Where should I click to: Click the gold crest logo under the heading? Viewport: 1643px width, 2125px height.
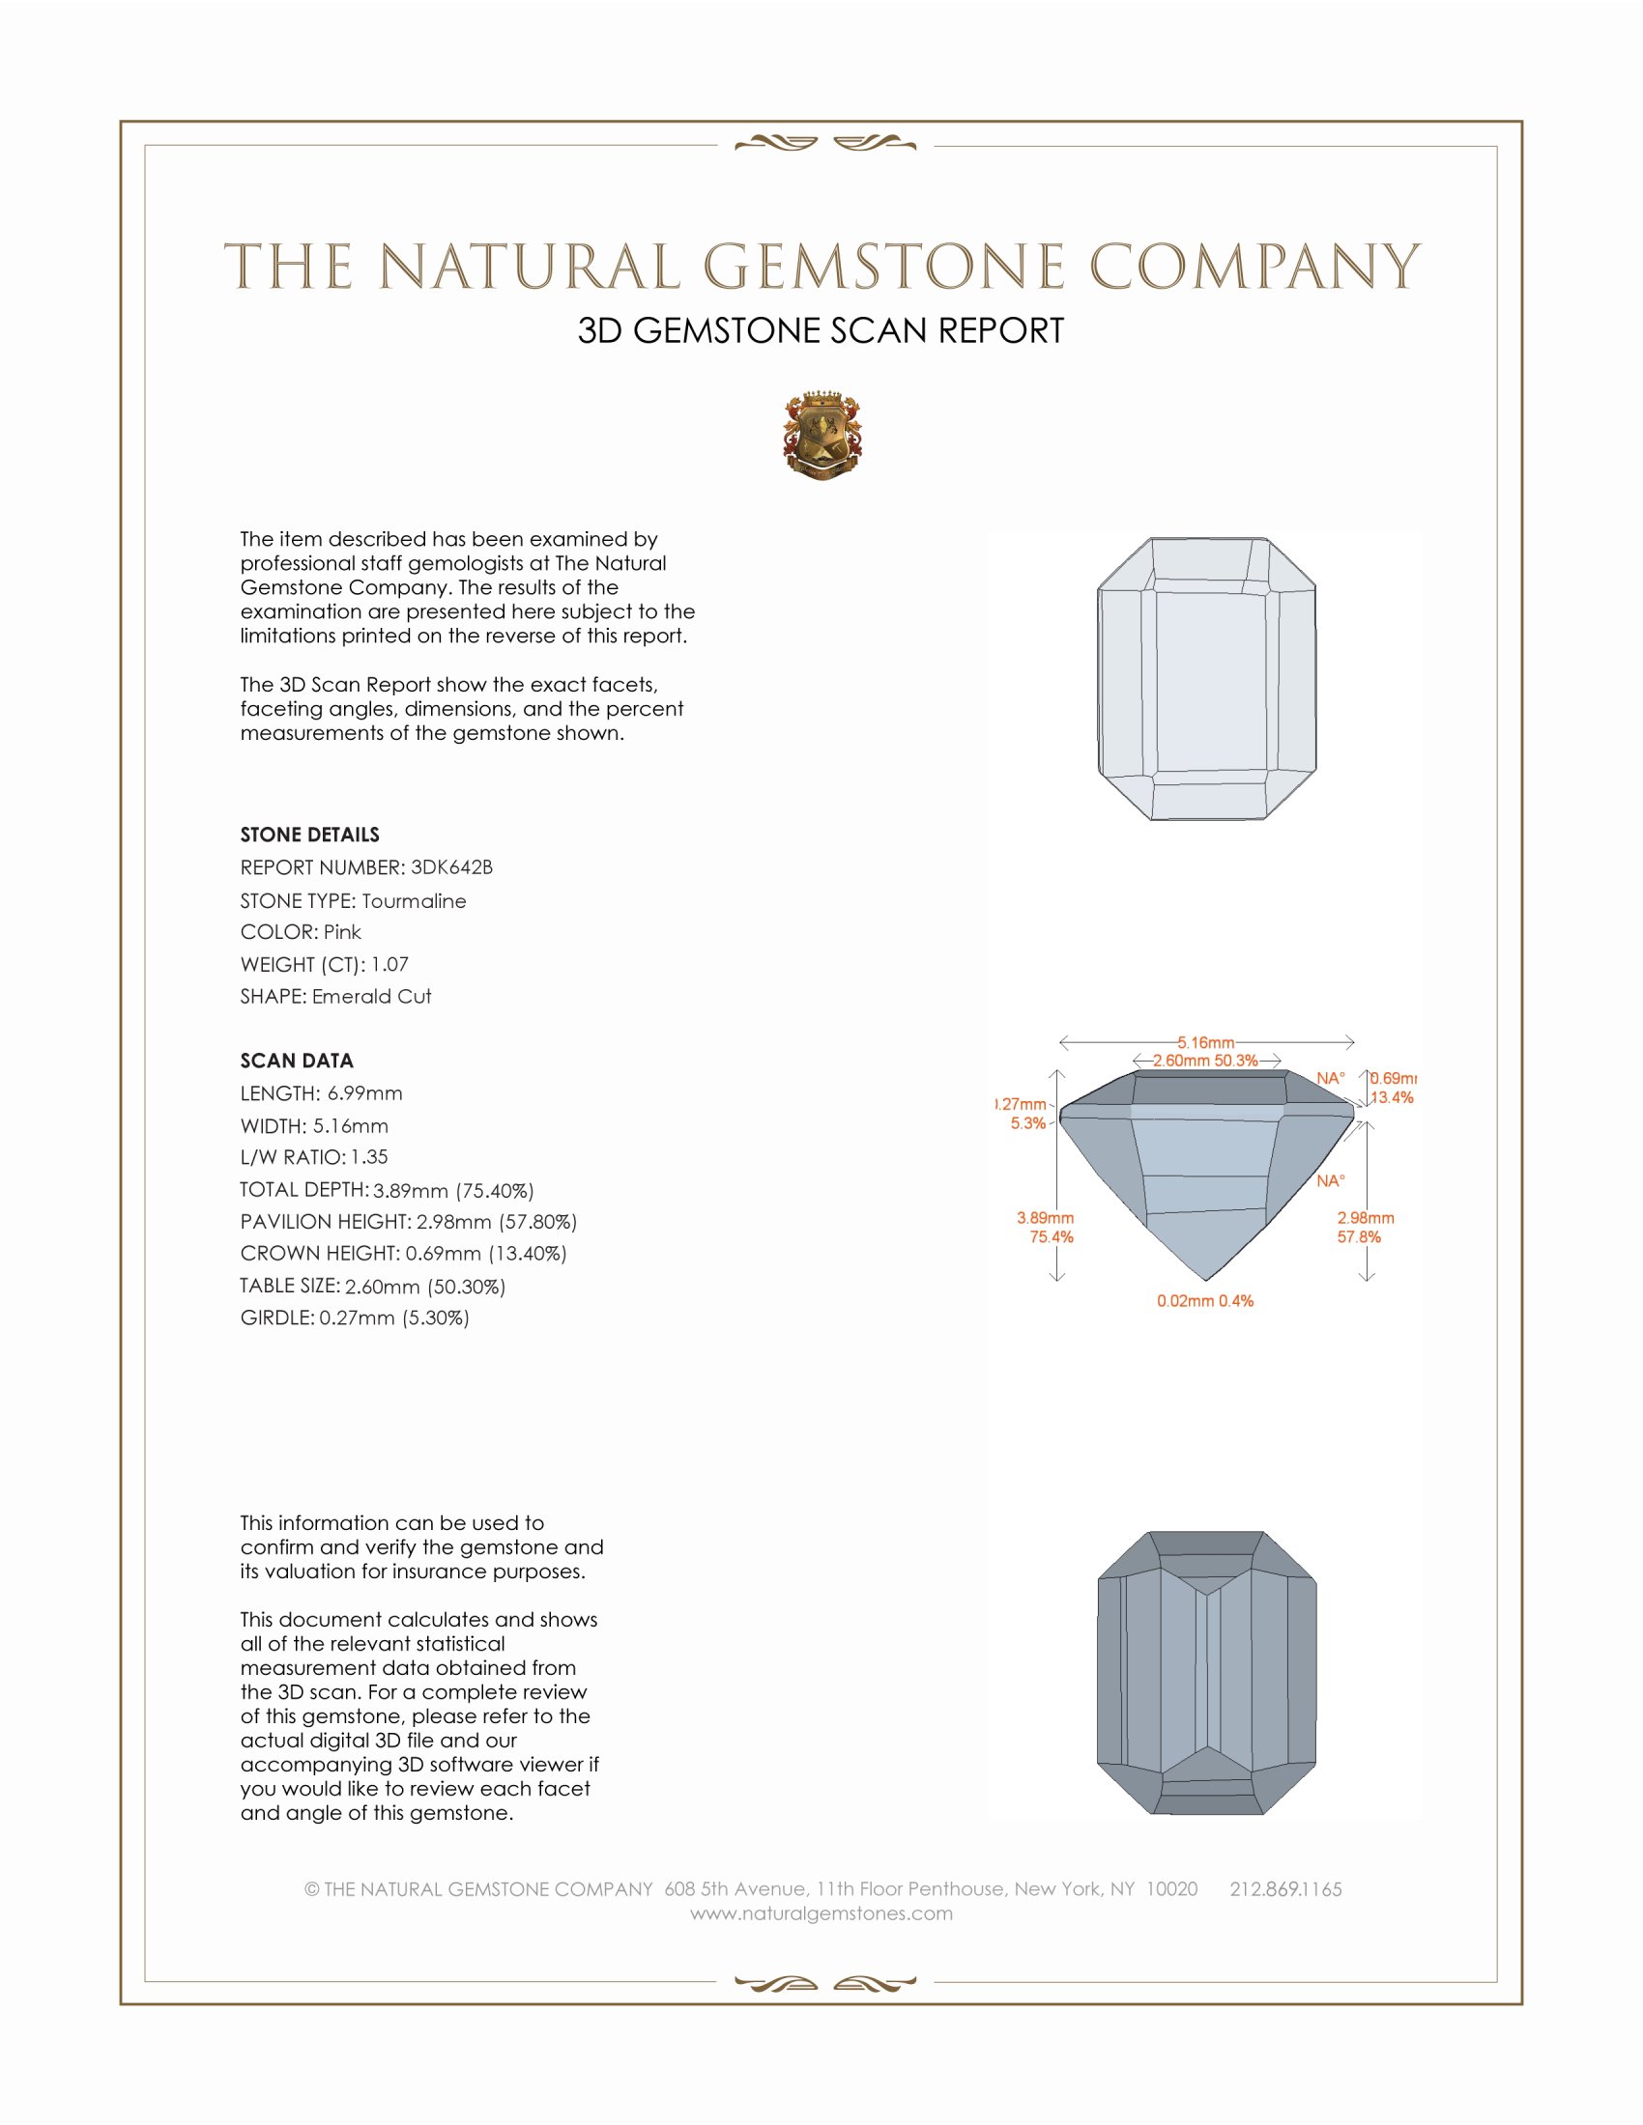click(821, 436)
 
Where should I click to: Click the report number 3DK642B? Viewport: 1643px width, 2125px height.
click(451, 867)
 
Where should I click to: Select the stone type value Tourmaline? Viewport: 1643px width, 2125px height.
click(414, 901)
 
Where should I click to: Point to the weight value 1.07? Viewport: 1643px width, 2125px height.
click(389, 964)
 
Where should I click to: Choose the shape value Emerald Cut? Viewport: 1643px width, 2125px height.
click(371, 997)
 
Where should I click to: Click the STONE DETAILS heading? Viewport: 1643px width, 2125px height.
click(309, 835)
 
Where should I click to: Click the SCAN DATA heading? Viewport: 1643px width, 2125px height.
click(297, 1061)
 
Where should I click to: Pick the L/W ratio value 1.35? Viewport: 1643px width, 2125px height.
click(369, 1157)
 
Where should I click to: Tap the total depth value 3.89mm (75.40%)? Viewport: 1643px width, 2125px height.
click(453, 1190)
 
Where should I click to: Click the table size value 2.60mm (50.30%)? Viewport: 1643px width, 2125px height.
click(425, 1287)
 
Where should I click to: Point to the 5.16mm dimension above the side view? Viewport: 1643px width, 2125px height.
click(1205, 1042)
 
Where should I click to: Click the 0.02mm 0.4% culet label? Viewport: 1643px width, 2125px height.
click(1205, 1301)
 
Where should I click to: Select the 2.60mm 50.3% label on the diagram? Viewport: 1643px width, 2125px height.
click(1205, 1061)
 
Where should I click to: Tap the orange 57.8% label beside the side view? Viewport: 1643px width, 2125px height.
click(1359, 1236)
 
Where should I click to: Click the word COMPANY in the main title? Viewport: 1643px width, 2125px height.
click(1254, 267)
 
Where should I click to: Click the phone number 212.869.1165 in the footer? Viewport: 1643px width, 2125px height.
click(1285, 1889)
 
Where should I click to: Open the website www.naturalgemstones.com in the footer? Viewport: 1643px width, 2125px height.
click(821, 1913)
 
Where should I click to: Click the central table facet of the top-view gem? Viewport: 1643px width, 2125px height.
click(1210, 681)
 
